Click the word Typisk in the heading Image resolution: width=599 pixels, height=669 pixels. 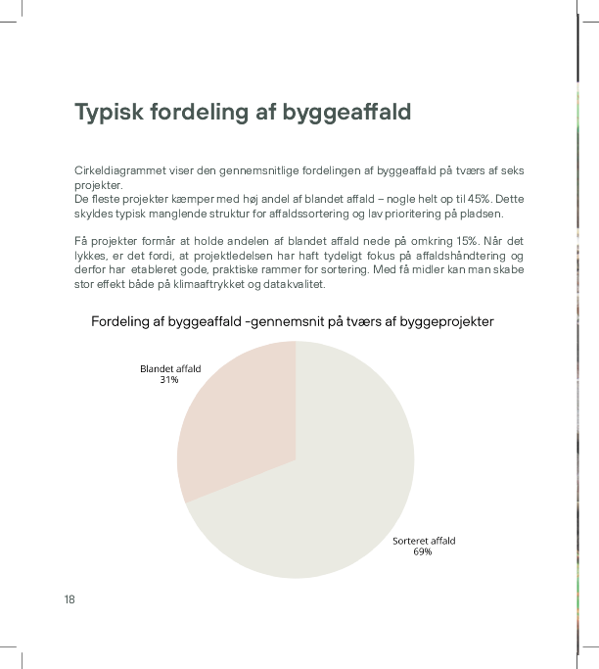pos(110,112)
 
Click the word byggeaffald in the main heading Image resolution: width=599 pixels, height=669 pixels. pos(346,112)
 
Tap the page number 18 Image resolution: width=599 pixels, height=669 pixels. pos(69,598)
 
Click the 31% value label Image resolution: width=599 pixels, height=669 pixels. pos(169,379)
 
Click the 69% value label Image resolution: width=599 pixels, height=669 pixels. pos(422,551)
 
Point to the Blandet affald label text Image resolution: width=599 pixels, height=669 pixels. pos(170,368)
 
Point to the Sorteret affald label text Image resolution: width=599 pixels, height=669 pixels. pos(424,541)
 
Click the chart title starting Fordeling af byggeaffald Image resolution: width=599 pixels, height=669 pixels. pos(292,321)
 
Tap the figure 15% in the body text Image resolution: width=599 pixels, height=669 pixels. pos(449,241)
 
